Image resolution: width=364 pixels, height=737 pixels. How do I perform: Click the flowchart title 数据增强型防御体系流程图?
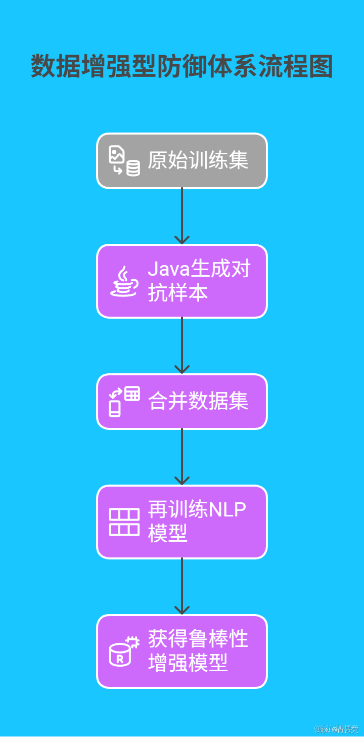182,67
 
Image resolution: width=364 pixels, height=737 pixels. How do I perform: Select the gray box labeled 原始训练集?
182,161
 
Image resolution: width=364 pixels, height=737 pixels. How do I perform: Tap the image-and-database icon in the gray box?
124,161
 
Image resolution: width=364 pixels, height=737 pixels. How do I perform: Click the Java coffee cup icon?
124,282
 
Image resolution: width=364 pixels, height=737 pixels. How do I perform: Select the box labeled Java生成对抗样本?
182,281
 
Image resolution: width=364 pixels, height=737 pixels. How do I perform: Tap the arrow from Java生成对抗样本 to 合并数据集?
182,346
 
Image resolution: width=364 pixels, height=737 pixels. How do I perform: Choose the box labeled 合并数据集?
182,402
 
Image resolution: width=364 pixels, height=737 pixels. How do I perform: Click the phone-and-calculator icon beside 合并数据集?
124,402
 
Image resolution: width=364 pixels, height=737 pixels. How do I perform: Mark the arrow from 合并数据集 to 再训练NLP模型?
182,457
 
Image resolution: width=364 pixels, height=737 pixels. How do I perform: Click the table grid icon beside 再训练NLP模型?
124,522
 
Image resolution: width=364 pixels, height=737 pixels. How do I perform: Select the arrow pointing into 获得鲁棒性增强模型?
182,587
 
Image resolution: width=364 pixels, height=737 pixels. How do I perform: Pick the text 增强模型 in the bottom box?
188,663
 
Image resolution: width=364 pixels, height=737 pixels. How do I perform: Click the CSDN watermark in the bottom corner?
336,729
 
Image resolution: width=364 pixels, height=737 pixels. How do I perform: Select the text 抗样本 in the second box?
178,293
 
